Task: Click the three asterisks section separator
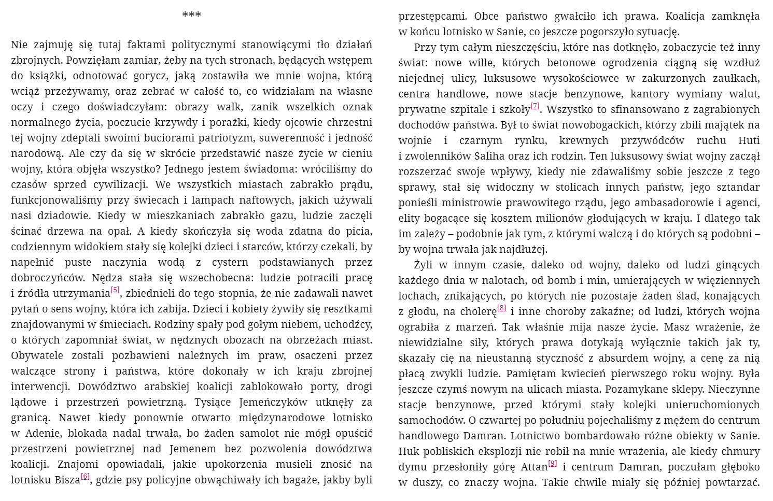191,15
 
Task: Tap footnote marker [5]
115,290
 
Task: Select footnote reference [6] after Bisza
86,477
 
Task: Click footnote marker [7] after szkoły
535,106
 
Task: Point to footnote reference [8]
501,308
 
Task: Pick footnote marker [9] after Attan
553,464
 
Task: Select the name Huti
749,140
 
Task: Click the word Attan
534,467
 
